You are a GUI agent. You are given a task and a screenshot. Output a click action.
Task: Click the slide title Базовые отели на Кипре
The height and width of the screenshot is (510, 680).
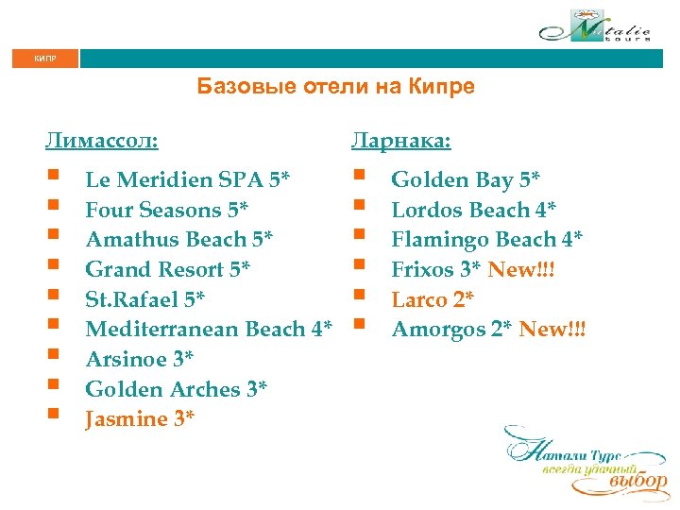[x=335, y=87]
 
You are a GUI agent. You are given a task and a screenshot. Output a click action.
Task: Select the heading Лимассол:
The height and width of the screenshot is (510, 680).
[x=101, y=142]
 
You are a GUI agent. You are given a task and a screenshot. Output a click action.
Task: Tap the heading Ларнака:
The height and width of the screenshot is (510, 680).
[x=401, y=142]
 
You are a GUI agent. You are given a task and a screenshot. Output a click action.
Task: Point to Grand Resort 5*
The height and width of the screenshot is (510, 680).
[x=168, y=269]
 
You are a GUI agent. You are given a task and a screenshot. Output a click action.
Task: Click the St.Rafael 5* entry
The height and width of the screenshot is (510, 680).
[x=145, y=299]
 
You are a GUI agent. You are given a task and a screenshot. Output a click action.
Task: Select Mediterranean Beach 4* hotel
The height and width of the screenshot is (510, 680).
[x=209, y=330]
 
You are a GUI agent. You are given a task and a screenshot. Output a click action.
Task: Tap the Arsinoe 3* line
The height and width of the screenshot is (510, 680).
[x=141, y=359]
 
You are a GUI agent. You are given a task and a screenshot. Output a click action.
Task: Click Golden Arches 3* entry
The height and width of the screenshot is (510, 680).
[x=177, y=389]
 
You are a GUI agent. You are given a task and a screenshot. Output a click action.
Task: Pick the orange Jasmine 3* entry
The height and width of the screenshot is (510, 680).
[x=140, y=419]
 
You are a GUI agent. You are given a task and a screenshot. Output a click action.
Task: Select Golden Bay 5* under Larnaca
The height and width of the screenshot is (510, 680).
[x=467, y=179]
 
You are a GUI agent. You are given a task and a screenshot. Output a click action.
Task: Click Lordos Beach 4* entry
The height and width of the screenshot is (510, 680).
[x=474, y=209]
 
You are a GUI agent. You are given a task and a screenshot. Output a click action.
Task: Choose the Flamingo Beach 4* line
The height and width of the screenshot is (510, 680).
[x=486, y=239]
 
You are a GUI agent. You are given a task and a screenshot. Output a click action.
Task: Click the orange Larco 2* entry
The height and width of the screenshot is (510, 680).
[x=433, y=299]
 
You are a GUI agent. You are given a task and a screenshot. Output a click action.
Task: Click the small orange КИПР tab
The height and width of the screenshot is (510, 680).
[x=45, y=59]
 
